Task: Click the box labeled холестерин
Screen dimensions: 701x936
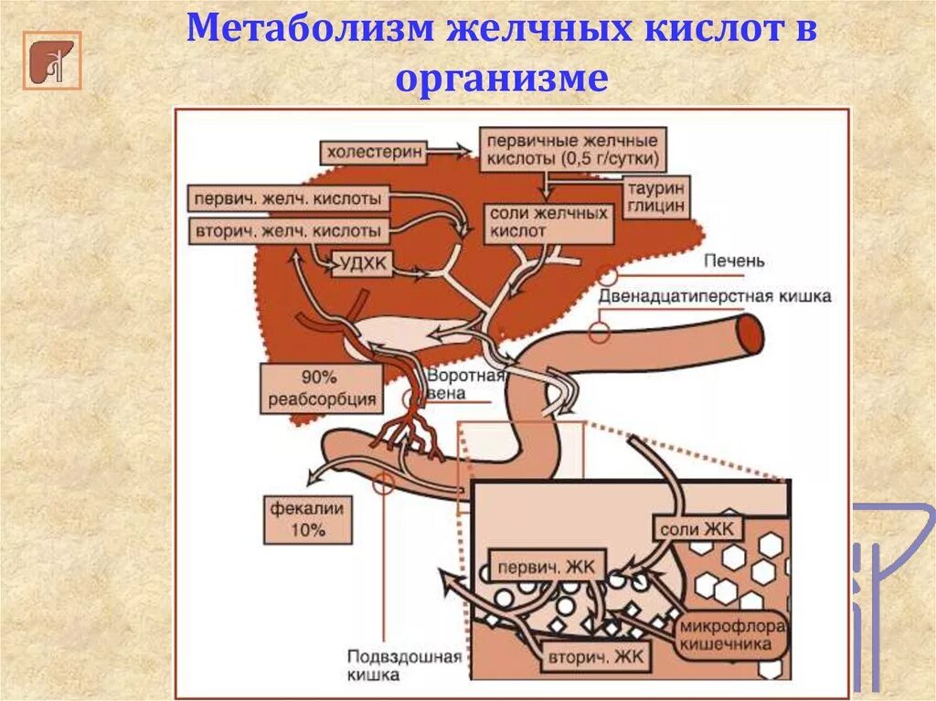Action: click(x=373, y=152)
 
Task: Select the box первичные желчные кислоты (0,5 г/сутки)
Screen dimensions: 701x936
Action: click(x=572, y=150)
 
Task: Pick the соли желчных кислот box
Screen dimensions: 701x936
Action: click(x=548, y=223)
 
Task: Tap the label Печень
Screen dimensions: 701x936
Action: click(x=734, y=261)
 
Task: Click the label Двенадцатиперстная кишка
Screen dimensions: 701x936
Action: click(x=715, y=297)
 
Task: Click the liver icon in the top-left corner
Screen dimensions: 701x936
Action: click(x=51, y=61)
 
